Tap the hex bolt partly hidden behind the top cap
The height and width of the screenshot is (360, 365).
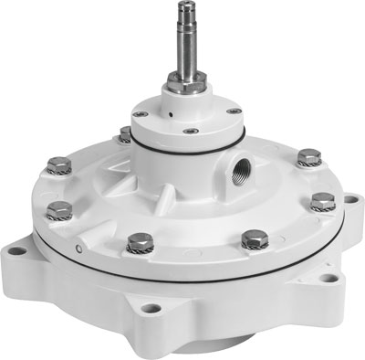click(125, 136)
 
